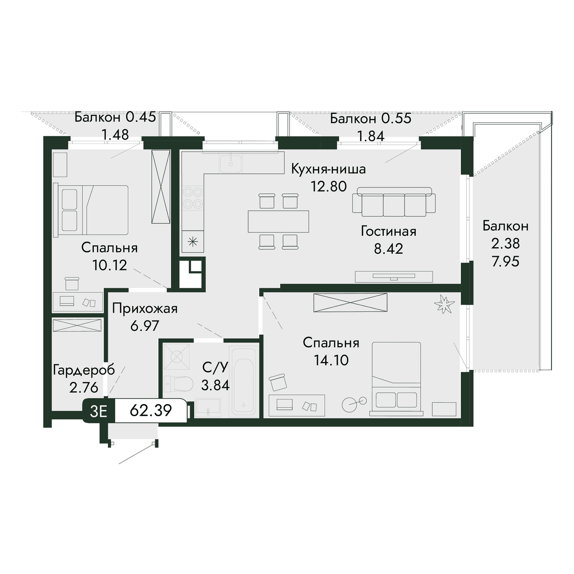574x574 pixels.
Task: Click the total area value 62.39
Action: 151,411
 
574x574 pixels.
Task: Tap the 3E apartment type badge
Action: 99,411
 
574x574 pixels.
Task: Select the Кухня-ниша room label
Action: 328,169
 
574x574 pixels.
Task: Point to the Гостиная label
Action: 388,232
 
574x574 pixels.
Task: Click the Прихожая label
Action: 145,309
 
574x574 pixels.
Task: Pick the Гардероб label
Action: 84,371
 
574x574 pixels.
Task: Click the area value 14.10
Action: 331,361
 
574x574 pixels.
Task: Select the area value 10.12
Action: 110,265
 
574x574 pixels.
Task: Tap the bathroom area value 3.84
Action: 215,386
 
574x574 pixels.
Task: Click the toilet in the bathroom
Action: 179,384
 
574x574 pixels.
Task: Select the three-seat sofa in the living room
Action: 394,202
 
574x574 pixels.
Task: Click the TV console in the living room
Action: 394,276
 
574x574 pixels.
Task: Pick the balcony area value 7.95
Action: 506,261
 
